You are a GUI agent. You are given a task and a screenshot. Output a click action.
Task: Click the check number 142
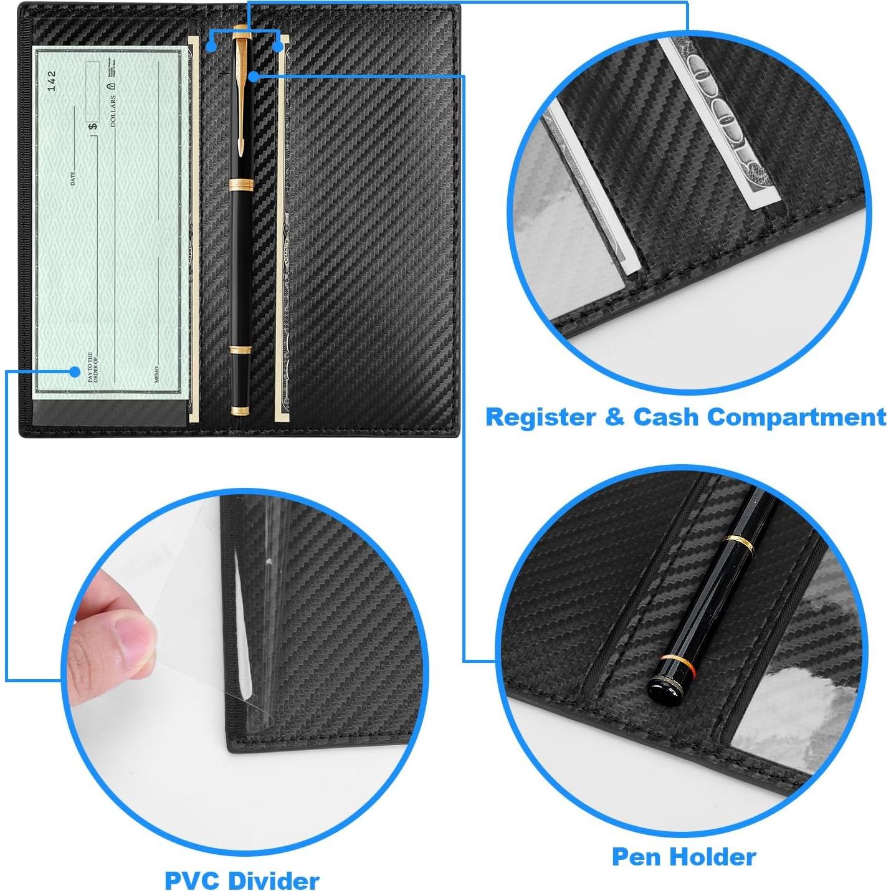pyautogui.click(x=52, y=80)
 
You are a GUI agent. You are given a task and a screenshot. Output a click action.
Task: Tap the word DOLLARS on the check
pyautogui.click(x=113, y=111)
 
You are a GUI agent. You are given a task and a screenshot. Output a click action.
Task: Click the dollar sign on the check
pyautogui.click(x=93, y=126)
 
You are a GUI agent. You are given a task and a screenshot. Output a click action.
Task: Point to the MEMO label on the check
pyautogui.click(x=156, y=374)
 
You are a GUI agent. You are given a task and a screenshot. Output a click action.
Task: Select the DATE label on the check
pyautogui.click(x=73, y=178)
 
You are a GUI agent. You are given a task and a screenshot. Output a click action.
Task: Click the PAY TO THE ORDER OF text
pyautogui.click(x=92, y=367)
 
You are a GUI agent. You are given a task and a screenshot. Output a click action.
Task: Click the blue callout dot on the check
pyautogui.click(x=75, y=371)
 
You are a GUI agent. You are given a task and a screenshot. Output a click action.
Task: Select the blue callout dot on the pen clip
pyautogui.click(x=253, y=76)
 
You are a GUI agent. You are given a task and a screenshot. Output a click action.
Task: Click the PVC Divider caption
pyautogui.click(x=242, y=880)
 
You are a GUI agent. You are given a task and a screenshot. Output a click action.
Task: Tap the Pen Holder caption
pyautogui.click(x=684, y=856)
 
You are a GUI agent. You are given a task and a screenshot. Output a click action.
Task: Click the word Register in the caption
pyautogui.click(x=540, y=417)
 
